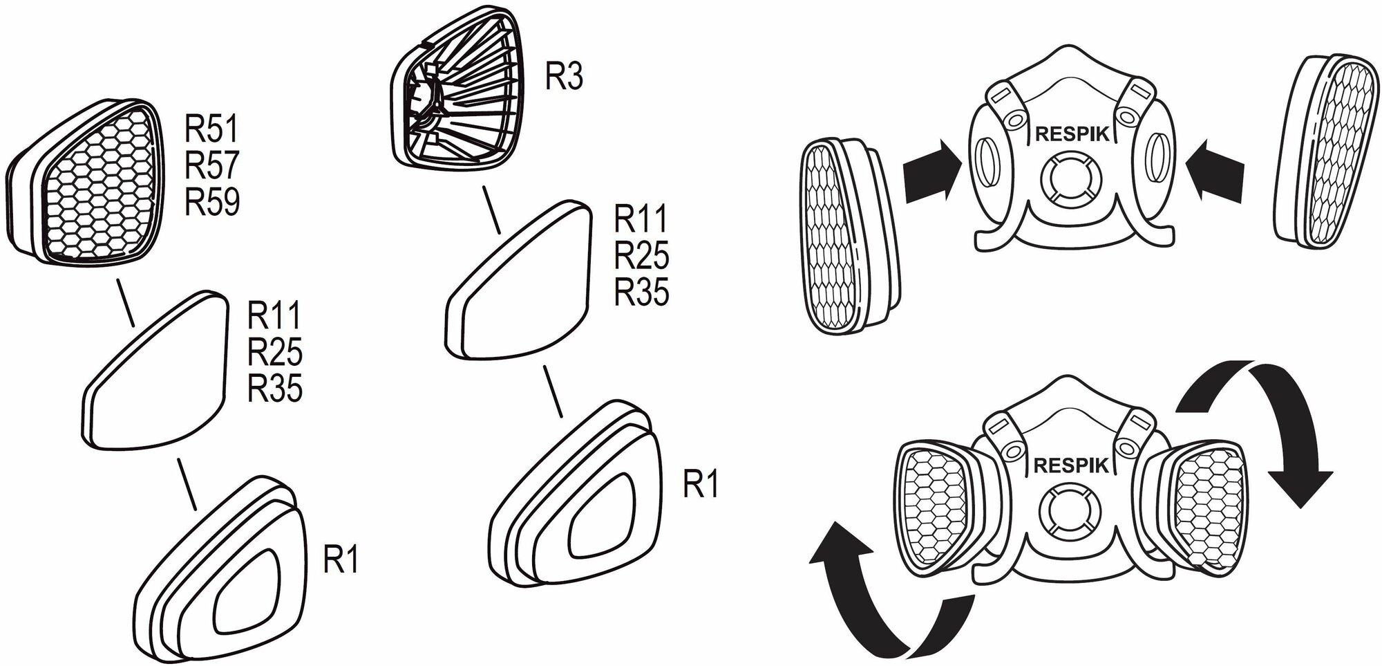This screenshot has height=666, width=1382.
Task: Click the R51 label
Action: [211, 129]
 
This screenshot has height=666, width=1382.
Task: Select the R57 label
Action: [211, 166]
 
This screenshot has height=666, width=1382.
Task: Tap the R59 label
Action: [211, 202]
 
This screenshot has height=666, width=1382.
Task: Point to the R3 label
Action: [565, 77]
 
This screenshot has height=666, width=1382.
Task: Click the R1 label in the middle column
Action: [701, 485]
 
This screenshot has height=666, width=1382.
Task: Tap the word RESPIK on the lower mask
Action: [1070, 465]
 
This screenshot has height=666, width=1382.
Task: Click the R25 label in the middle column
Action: [641, 257]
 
